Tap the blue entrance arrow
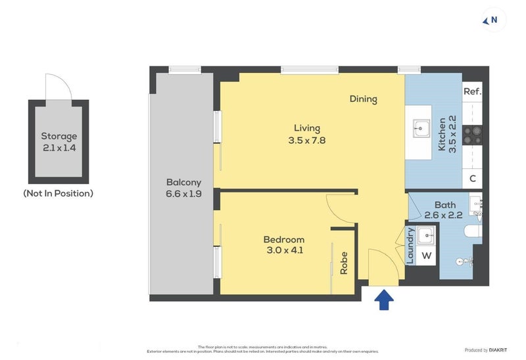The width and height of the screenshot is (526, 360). click(384, 300)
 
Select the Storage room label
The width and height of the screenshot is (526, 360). click(59, 137)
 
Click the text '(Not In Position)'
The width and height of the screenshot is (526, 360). click(58, 193)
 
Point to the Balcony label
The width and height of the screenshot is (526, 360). click(183, 182)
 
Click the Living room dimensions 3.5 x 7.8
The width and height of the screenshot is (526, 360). click(307, 140)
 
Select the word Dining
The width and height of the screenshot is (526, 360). click(363, 99)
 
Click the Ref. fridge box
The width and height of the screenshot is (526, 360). click(472, 91)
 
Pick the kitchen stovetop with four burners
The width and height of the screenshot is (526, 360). click(472, 135)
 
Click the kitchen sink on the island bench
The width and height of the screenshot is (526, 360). click(421, 127)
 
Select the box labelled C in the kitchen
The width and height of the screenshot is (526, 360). click(472, 179)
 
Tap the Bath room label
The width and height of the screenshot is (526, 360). click(445, 206)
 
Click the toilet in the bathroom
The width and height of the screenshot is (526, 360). click(473, 231)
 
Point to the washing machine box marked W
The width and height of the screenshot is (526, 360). click(426, 255)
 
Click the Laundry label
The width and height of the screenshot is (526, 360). click(410, 246)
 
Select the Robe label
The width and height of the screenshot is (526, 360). click(343, 263)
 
